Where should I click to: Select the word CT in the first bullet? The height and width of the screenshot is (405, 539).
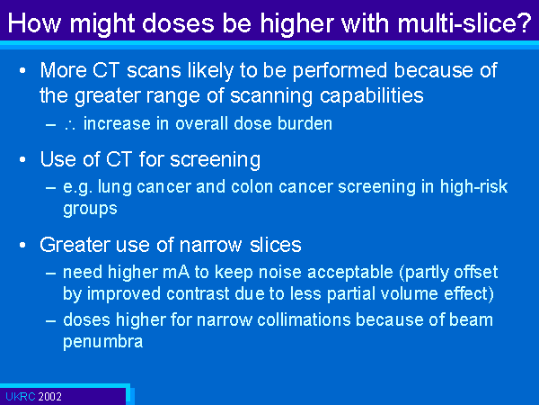[x=106, y=70]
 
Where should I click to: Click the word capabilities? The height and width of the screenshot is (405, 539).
[x=372, y=95]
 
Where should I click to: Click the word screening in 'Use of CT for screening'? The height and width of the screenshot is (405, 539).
[x=216, y=160]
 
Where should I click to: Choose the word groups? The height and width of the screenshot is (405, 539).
[x=90, y=209]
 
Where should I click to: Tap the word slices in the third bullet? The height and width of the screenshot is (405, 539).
[x=276, y=245]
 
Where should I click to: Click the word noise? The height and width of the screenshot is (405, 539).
[x=280, y=272]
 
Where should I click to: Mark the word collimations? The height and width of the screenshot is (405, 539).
[x=304, y=319]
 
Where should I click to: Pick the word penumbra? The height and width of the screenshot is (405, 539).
[x=102, y=342]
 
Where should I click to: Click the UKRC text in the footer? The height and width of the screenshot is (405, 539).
[x=21, y=396]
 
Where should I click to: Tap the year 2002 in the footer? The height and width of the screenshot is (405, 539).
[x=49, y=396]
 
